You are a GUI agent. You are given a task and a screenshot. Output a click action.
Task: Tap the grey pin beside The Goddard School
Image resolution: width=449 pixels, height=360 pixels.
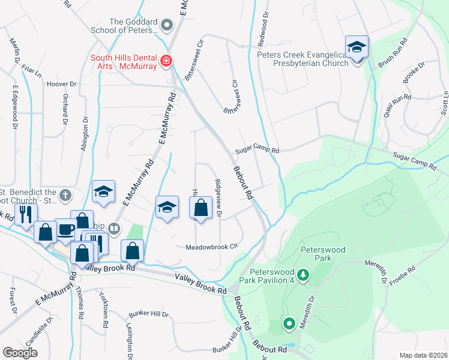click(x=167, y=25)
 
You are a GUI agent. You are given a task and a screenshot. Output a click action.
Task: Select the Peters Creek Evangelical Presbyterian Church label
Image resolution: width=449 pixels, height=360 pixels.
click(x=303, y=58)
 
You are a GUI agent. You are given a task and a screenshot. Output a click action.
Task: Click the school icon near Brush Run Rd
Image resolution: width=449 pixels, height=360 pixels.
click(x=356, y=46)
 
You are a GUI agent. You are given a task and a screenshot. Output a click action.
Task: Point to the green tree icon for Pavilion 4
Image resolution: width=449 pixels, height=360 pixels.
click(x=304, y=275)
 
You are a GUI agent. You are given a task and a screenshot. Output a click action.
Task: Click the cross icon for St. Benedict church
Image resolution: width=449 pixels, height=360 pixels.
click(x=65, y=194)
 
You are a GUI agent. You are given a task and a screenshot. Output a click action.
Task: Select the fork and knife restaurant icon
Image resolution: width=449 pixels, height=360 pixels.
click(x=25, y=214)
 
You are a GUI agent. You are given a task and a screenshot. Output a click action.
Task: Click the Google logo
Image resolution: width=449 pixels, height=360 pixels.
click(x=20, y=353)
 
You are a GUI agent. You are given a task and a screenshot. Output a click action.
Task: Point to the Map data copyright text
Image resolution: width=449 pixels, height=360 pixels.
click(x=423, y=355)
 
